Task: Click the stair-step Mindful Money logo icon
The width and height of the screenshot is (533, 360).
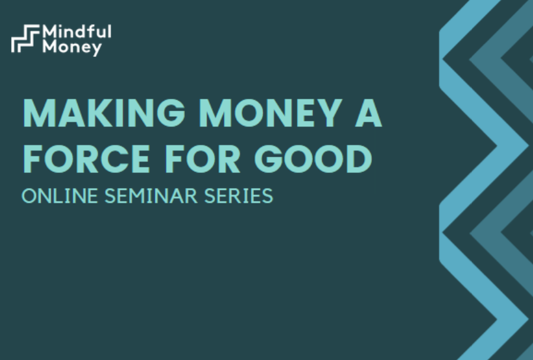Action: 25,38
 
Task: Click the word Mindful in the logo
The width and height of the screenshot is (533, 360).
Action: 77,31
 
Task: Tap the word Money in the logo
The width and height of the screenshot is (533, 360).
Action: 72,47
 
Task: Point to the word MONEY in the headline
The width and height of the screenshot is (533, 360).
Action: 271,113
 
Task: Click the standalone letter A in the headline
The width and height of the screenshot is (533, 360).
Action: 368,113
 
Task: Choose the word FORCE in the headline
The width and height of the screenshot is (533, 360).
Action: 86,159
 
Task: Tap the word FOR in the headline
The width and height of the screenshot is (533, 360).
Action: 203,159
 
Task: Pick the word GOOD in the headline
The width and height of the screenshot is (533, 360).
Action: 313,159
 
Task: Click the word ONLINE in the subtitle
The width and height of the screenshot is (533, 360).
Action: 60,196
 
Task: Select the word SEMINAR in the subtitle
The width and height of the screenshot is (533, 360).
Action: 151,196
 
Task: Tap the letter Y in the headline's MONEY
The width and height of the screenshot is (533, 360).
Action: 329,113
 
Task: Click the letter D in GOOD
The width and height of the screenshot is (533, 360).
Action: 359,159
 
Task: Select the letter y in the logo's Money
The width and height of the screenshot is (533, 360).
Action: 97,50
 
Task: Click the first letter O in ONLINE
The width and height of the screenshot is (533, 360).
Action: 29,196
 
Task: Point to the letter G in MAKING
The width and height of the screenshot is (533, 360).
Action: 171,113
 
